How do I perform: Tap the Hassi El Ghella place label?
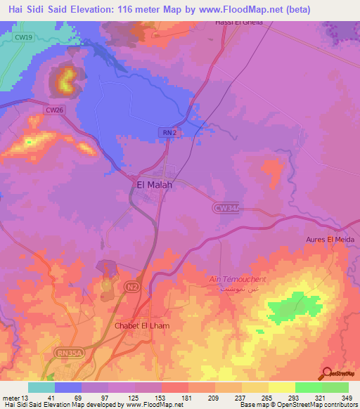pos(238,22)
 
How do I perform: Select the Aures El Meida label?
pos(330,240)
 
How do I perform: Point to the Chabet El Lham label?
pos(143,326)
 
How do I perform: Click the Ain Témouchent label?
pos(238,280)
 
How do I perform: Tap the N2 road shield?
pos(131,287)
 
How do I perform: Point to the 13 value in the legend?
pos(25,397)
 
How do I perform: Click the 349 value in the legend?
pos(347,397)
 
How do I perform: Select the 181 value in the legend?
pos(188,397)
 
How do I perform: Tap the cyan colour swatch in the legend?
pos(41,387)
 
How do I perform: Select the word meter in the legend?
pos(11,397)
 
